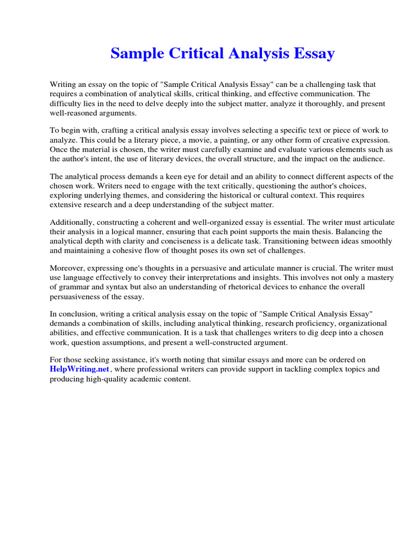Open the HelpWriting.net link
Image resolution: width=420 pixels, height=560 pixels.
(x=80, y=370)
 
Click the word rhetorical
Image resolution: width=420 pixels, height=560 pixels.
(x=264, y=287)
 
